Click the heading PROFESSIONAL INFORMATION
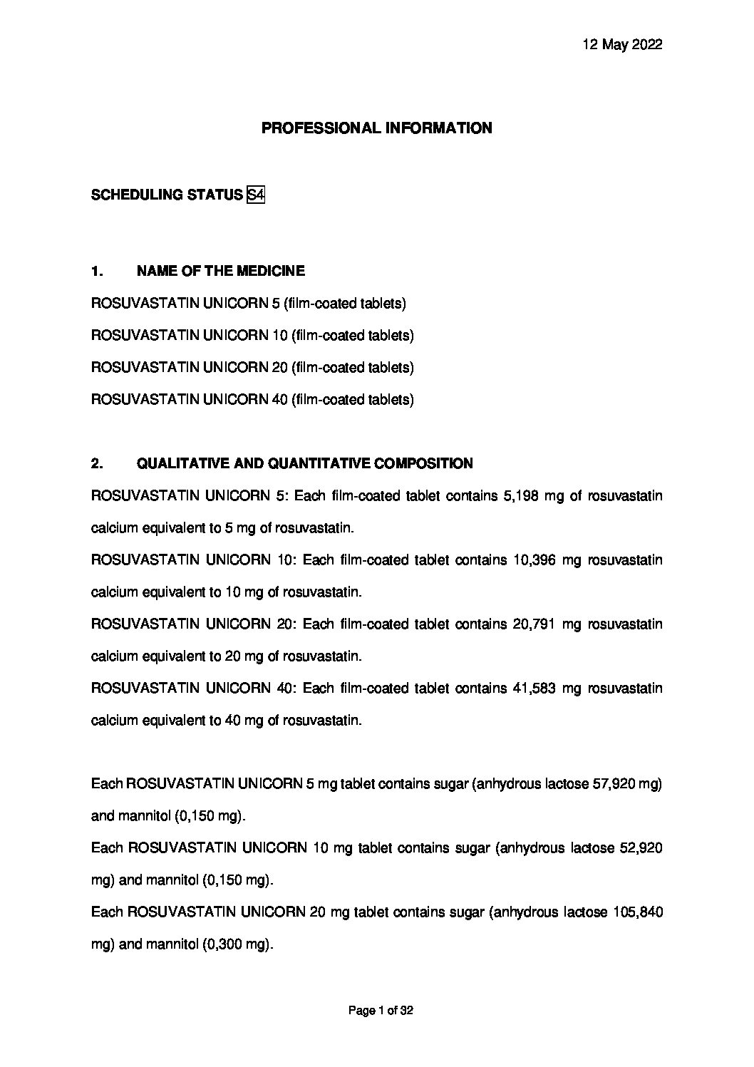tap(376, 128)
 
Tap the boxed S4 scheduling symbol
tap(255, 195)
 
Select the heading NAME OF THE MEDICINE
tap(220, 271)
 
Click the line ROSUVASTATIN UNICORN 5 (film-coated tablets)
tap(249, 304)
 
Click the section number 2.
tap(97, 464)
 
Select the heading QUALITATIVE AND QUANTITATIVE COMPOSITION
tap(304, 464)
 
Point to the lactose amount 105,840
tap(638, 913)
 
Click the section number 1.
tap(97, 271)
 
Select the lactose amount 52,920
tap(639, 849)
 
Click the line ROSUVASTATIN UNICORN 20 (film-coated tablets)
tap(252, 368)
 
